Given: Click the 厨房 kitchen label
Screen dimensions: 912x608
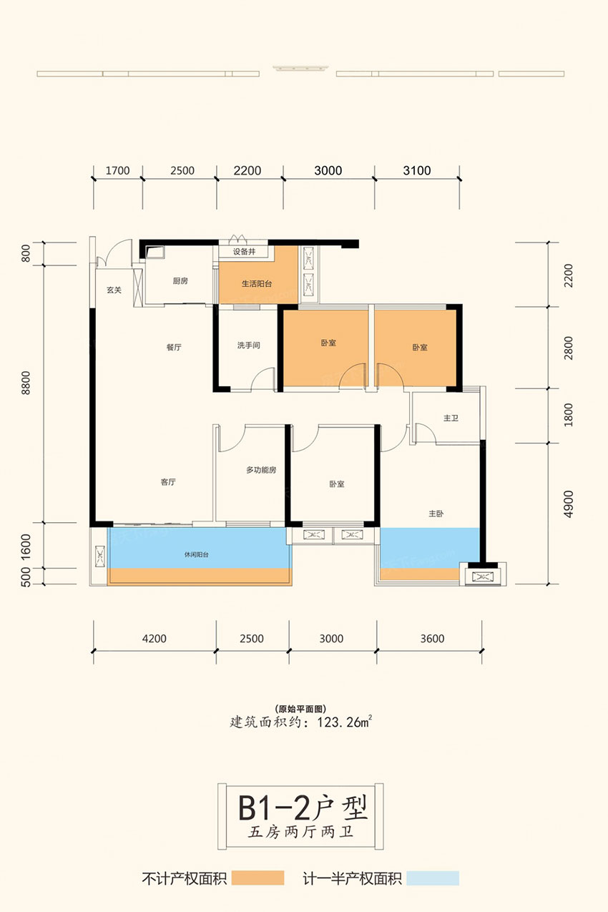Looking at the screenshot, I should [180, 282].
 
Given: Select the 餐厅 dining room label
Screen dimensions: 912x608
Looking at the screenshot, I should [174, 348].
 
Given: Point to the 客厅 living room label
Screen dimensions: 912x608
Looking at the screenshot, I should [168, 483].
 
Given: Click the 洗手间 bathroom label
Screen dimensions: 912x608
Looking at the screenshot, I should [248, 345].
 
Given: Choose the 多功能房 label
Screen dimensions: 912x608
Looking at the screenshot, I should [261, 471].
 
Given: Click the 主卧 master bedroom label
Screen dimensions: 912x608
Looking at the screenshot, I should [436, 514].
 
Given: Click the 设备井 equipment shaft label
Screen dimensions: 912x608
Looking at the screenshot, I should [244, 252].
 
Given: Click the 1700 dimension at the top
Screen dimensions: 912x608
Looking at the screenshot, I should [117, 170].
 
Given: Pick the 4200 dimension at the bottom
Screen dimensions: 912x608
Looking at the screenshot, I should [155, 639].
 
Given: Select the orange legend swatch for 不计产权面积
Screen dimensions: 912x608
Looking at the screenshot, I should [258, 878].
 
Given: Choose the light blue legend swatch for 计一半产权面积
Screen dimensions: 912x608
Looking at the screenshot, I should [433, 878].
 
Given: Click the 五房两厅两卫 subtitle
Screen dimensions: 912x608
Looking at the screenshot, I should [303, 833].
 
